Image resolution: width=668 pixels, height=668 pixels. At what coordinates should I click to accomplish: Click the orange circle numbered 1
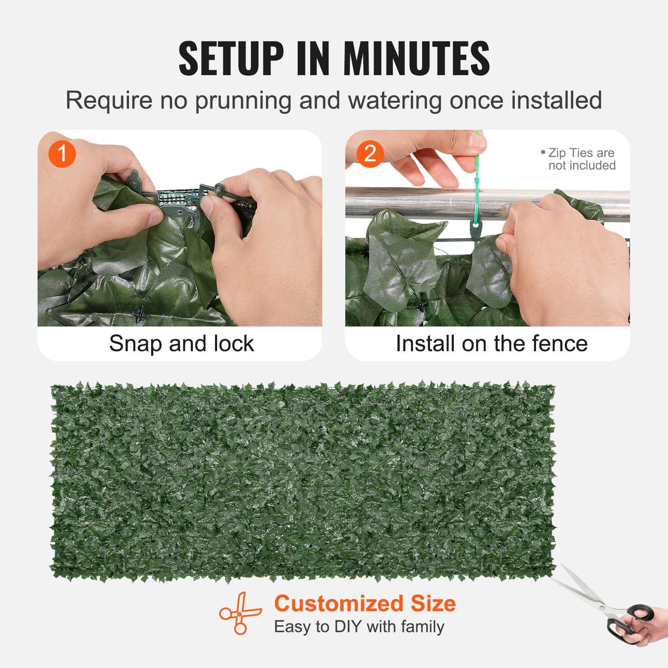[x=62, y=154]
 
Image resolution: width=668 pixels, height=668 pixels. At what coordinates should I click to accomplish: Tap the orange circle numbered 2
[x=370, y=154]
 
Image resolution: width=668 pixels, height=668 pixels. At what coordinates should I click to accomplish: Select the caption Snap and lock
[x=181, y=344]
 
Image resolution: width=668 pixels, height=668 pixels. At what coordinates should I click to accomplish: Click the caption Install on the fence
[x=491, y=344]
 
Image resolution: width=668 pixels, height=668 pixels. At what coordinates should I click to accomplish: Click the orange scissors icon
[x=240, y=613]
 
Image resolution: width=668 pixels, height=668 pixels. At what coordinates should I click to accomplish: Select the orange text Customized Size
[x=365, y=604]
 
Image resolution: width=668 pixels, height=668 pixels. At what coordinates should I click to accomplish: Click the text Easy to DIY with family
[x=359, y=627]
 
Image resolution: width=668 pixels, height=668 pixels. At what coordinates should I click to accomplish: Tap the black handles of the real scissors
[x=630, y=622]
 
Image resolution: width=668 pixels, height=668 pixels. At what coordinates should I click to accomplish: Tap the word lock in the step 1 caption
[x=233, y=344]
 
